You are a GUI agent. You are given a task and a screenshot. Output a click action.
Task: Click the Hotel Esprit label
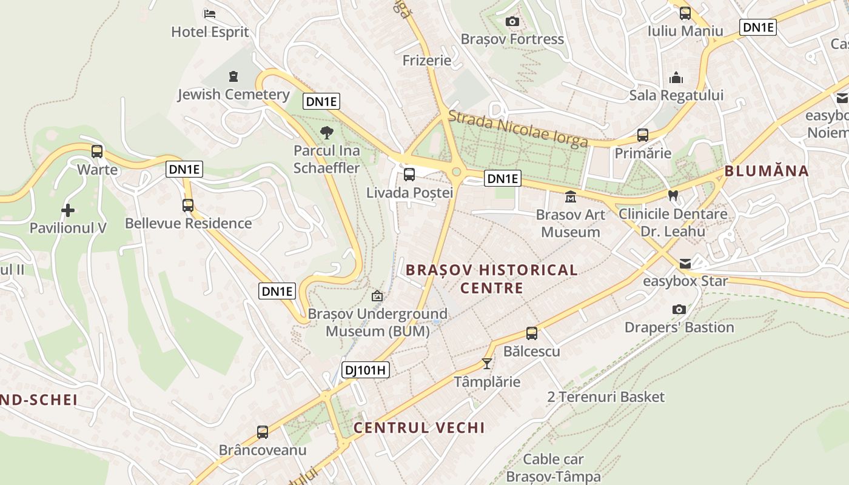[x=210, y=32]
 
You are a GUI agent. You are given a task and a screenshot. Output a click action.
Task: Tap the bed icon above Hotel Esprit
[x=210, y=13]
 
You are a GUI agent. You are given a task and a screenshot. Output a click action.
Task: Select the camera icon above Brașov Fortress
[x=512, y=22]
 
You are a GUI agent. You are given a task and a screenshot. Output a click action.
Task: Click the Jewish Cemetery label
[x=233, y=95]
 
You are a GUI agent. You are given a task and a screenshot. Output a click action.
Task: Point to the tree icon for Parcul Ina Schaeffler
[x=327, y=132]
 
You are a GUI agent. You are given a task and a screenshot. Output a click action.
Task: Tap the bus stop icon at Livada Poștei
[x=409, y=175]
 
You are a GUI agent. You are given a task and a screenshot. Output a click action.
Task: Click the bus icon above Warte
[x=97, y=152]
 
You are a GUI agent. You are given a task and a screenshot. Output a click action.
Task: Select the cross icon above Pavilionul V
[x=68, y=210]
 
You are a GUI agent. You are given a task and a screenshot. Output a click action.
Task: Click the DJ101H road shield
[x=365, y=370]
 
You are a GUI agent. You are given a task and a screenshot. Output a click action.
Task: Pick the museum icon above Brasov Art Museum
[x=571, y=196]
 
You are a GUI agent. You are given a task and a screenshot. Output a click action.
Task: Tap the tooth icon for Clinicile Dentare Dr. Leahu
[x=673, y=196]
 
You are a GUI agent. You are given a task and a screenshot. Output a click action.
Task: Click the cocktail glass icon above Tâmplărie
[x=486, y=363]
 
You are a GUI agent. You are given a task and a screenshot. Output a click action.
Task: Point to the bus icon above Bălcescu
[x=532, y=333]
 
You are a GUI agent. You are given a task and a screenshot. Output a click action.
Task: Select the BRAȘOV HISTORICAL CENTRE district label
[x=492, y=278]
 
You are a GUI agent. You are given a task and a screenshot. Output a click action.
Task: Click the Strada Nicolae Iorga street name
[x=518, y=129]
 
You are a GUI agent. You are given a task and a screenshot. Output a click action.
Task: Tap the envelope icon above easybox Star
[x=685, y=263]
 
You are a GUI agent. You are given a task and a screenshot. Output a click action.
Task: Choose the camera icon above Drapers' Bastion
[x=679, y=309]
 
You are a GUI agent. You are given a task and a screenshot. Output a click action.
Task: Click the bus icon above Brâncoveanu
[x=263, y=432]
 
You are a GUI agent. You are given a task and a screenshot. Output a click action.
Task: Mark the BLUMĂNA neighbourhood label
[x=767, y=171]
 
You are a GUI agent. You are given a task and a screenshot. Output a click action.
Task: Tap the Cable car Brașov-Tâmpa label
[x=553, y=468]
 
